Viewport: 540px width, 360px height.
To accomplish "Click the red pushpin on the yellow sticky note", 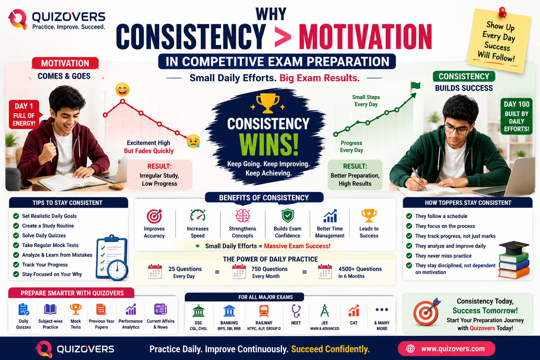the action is click(x=502, y=12).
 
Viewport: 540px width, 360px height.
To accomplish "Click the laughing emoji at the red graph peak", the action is click(x=122, y=90).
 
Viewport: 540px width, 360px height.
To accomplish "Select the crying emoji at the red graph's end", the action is click(x=193, y=141).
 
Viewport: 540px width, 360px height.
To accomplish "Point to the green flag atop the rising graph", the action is click(x=415, y=86).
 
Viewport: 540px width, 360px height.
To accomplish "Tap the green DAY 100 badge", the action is click(x=516, y=116).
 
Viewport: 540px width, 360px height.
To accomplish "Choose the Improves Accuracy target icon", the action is click(x=154, y=216).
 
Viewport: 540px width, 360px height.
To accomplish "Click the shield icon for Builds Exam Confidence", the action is click(x=288, y=215).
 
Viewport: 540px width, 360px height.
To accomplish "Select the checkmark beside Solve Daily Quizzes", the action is click(x=16, y=235).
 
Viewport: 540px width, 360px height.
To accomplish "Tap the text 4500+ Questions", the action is click(x=360, y=269).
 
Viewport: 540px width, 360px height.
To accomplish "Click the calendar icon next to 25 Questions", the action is click(x=155, y=272).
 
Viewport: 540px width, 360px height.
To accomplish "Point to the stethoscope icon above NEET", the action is click(x=296, y=310).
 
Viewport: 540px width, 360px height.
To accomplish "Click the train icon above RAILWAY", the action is click(x=264, y=310).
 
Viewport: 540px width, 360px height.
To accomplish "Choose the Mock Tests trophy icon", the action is click(x=76, y=309).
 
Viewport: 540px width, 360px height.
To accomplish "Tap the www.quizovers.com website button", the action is click(x=446, y=348).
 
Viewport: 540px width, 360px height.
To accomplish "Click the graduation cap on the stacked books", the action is click(x=514, y=247).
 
